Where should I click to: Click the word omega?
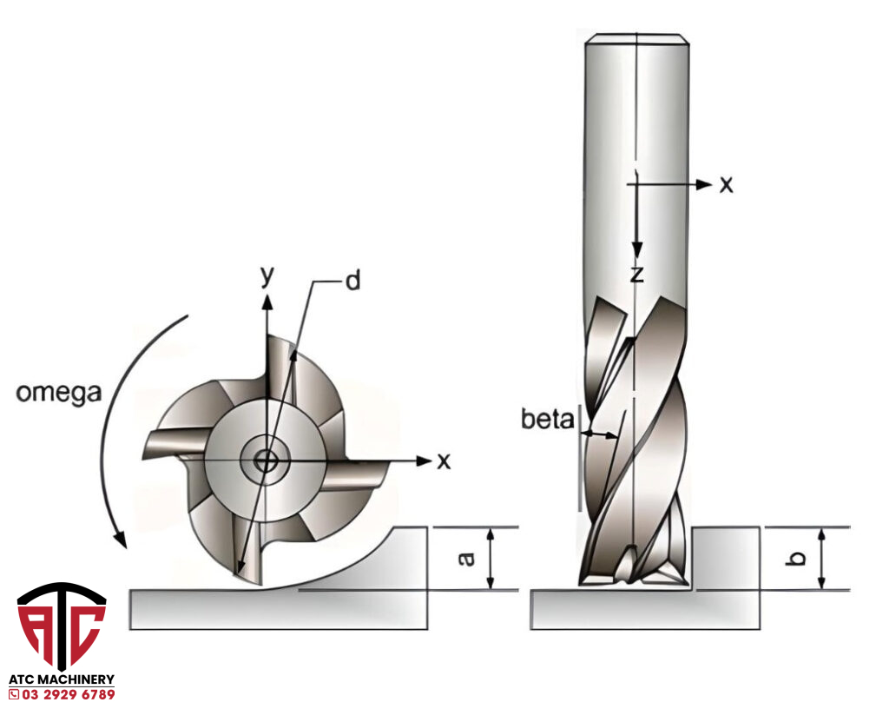(x=58, y=392)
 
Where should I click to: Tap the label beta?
(x=549, y=421)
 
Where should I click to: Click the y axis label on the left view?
(x=268, y=276)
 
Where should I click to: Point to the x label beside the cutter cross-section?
(x=444, y=461)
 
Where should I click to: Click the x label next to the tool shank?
(x=726, y=184)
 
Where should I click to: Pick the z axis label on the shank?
(x=636, y=275)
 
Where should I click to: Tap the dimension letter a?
(x=467, y=559)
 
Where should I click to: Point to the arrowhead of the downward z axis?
(x=636, y=251)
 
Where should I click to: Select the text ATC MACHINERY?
(x=62, y=679)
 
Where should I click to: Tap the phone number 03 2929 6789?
(x=68, y=694)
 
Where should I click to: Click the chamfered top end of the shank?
(x=636, y=38)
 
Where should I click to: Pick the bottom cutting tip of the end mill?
(x=634, y=577)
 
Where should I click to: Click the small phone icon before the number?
(x=13, y=694)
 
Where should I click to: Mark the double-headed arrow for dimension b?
(x=821, y=559)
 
